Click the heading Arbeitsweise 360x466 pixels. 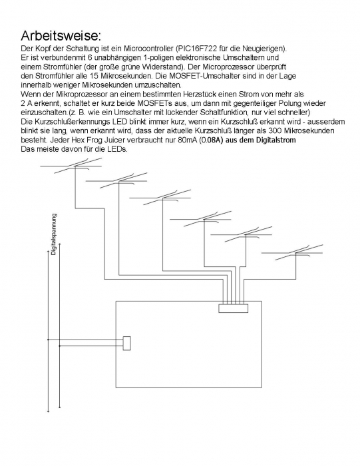pyautogui.click(x=61, y=36)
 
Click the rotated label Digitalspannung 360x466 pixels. pyautogui.click(x=53, y=234)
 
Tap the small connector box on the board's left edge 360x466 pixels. pyautogui.click(x=127, y=344)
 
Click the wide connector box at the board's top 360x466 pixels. pyautogui.click(x=234, y=308)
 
